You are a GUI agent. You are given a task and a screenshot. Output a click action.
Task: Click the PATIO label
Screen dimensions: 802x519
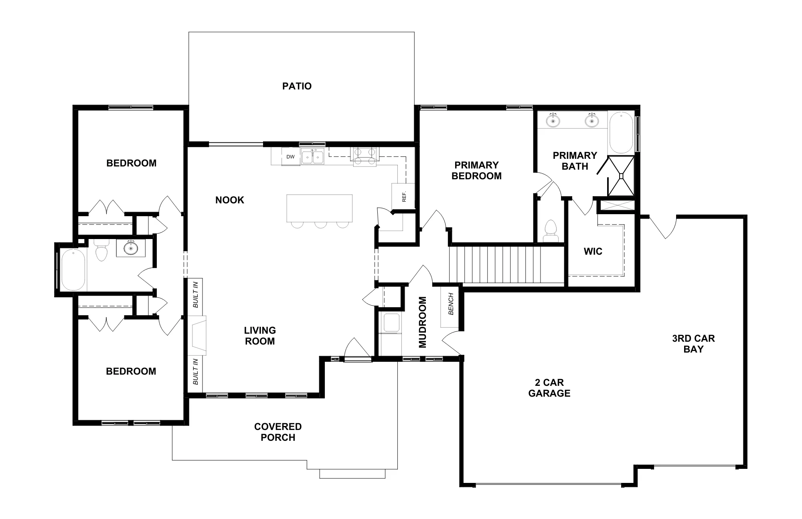(x=297, y=86)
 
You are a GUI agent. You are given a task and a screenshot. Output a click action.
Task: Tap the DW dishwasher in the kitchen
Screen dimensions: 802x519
(x=291, y=157)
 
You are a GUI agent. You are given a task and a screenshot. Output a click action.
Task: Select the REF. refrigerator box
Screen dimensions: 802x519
(x=403, y=196)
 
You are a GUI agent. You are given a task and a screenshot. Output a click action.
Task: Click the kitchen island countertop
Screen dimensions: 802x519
(x=320, y=208)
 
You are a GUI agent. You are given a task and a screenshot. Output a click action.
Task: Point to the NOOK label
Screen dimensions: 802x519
(x=230, y=200)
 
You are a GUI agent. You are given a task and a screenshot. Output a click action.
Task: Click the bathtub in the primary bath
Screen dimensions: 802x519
(x=621, y=133)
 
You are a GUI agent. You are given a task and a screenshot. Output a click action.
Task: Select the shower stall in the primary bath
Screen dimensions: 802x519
(x=621, y=176)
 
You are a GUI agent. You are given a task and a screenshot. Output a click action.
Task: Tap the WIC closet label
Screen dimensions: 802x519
(x=593, y=251)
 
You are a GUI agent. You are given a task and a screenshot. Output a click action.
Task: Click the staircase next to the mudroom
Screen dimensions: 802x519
(x=506, y=264)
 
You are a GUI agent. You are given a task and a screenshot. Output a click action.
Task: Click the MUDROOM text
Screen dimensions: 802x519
(x=423, y=322)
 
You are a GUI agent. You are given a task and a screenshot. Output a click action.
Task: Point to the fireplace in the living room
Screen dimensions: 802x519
(x=198, y=336)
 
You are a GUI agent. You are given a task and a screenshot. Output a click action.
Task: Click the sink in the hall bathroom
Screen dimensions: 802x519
(x=131, y=248)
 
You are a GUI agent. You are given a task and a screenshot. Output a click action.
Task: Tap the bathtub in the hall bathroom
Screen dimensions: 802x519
(x=73, y=270)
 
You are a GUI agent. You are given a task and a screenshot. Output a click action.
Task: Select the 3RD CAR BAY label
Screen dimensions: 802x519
(x=693, y=344)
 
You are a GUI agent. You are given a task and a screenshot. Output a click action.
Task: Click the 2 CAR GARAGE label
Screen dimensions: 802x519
(x=549, y=388)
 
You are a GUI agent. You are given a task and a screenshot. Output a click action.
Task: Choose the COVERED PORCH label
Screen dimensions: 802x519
(x=278, y=432)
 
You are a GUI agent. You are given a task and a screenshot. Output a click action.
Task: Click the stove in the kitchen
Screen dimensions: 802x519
(x=365, y=156)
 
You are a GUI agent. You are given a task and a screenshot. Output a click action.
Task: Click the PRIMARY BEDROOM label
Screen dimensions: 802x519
(x=476, y=170)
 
